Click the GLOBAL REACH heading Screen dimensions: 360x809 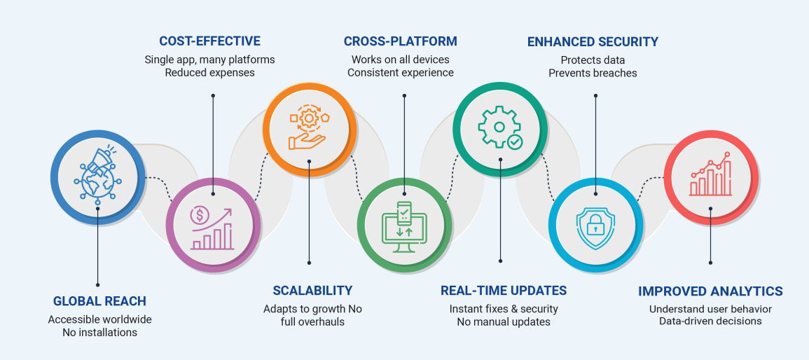[x=99, y=301]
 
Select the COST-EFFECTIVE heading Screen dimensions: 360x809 [x=209, y=41]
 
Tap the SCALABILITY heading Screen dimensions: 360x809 [x=312, y=290]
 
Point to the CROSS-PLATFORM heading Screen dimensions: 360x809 [x=400, y=41]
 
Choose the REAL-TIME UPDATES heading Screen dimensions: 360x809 [x=504, y=290]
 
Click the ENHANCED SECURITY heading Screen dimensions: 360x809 [x=593, y=41]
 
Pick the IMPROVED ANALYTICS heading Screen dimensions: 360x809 [x=710, y=291]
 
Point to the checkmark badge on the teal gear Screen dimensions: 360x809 [x=515, y=142]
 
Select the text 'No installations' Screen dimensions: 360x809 [x=99, y=332]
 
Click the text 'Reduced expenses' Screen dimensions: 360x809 [x=209, y=73]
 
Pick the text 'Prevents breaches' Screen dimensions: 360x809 [x=593, y=73]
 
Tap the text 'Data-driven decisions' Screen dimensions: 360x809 [x=710, y=321]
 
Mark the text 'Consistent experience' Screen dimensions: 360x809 [x=400, y=73]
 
